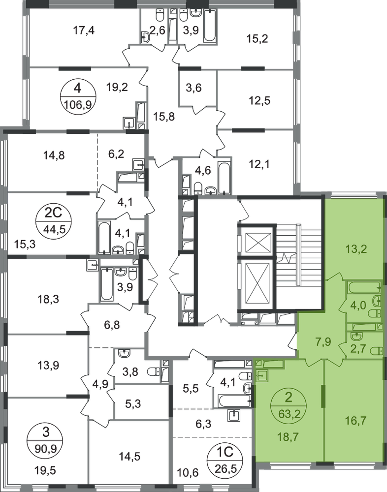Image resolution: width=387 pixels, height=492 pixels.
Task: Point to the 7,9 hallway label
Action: (323, 339)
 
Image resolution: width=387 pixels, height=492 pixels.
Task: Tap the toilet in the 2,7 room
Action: (376, 350)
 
